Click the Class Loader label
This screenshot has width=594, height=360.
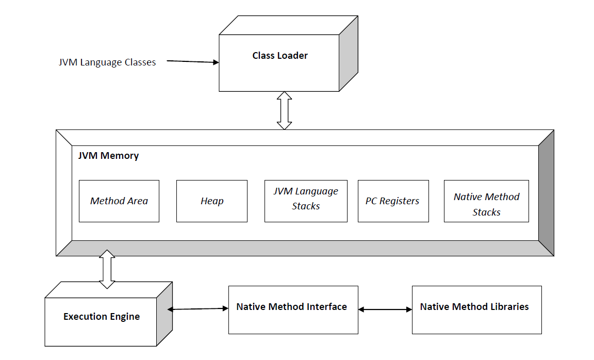[x=279, y=56]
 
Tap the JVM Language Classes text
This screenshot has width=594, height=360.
[x=107, y=62]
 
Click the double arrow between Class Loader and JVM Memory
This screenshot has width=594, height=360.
[x=284, y=110]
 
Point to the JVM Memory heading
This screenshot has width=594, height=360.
[x=108, y=155]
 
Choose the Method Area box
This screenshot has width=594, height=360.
[x=119, y=201]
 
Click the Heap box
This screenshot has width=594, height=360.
[x=211, y=201]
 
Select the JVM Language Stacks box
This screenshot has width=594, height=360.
[x=306, y=201]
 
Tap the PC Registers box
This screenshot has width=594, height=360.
[x=393, y=201]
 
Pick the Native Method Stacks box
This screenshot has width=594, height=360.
[x=486, y=201]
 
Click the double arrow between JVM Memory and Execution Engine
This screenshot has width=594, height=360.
[x=107, y=269]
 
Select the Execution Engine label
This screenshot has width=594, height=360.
[x=102, y=317]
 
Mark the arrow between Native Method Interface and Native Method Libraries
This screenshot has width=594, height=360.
[x=385, y=309]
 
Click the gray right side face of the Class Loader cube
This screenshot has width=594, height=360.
[x=349, y=54]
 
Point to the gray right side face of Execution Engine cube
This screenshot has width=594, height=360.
[x=165, y=315]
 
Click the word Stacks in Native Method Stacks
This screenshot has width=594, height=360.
[x=486, y=212]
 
